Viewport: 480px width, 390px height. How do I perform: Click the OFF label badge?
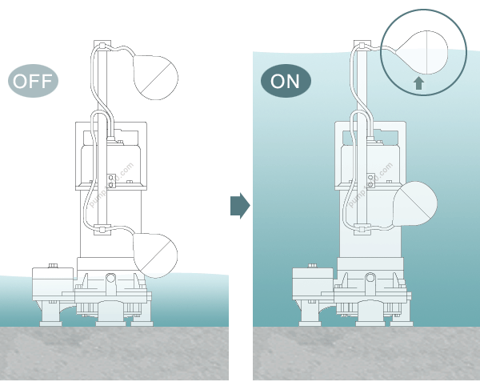click(34, 82)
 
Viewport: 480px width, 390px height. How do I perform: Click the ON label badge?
click(286, 81)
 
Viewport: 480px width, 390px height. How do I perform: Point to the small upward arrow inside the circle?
click(418, 82)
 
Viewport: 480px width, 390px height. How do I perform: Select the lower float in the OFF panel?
click(155, 254)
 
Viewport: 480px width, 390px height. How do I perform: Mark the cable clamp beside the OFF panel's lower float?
click(102, 232)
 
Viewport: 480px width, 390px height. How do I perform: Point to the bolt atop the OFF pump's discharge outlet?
click(53, 265)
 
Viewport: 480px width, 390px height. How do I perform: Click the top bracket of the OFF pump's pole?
click(102, 45)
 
